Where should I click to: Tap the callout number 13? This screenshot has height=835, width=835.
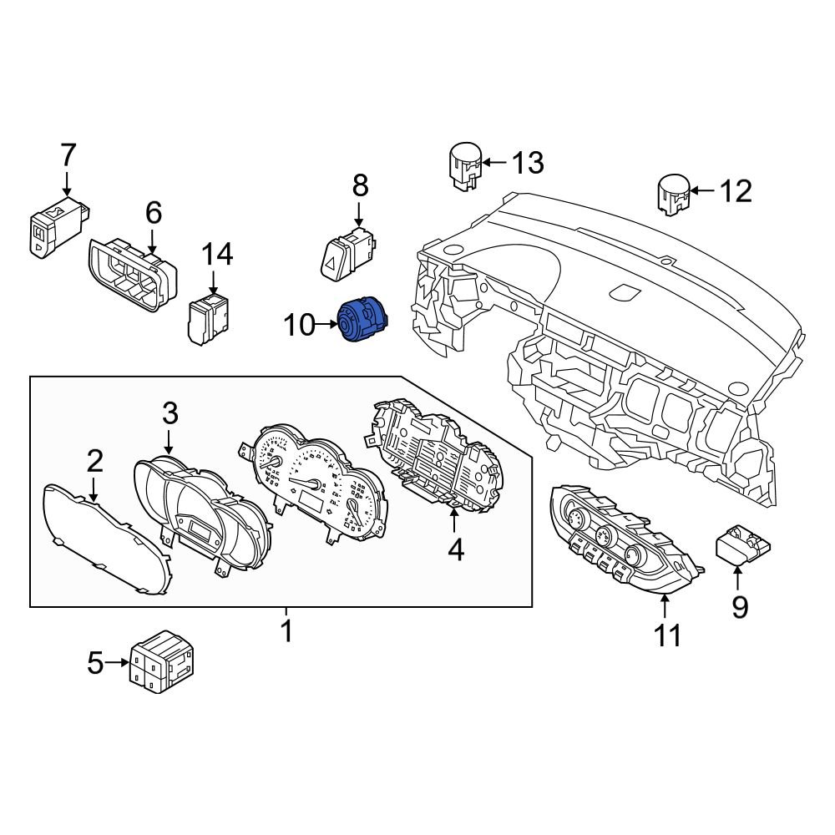[527, 163]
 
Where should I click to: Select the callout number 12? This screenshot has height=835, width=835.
[736, 191]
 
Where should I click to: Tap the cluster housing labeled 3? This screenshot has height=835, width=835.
[200, 518]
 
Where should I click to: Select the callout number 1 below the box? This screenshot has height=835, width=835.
[286, 631]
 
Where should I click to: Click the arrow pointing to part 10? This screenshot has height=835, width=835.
[325, 324]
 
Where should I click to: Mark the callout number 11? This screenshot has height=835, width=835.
[667, 636]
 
